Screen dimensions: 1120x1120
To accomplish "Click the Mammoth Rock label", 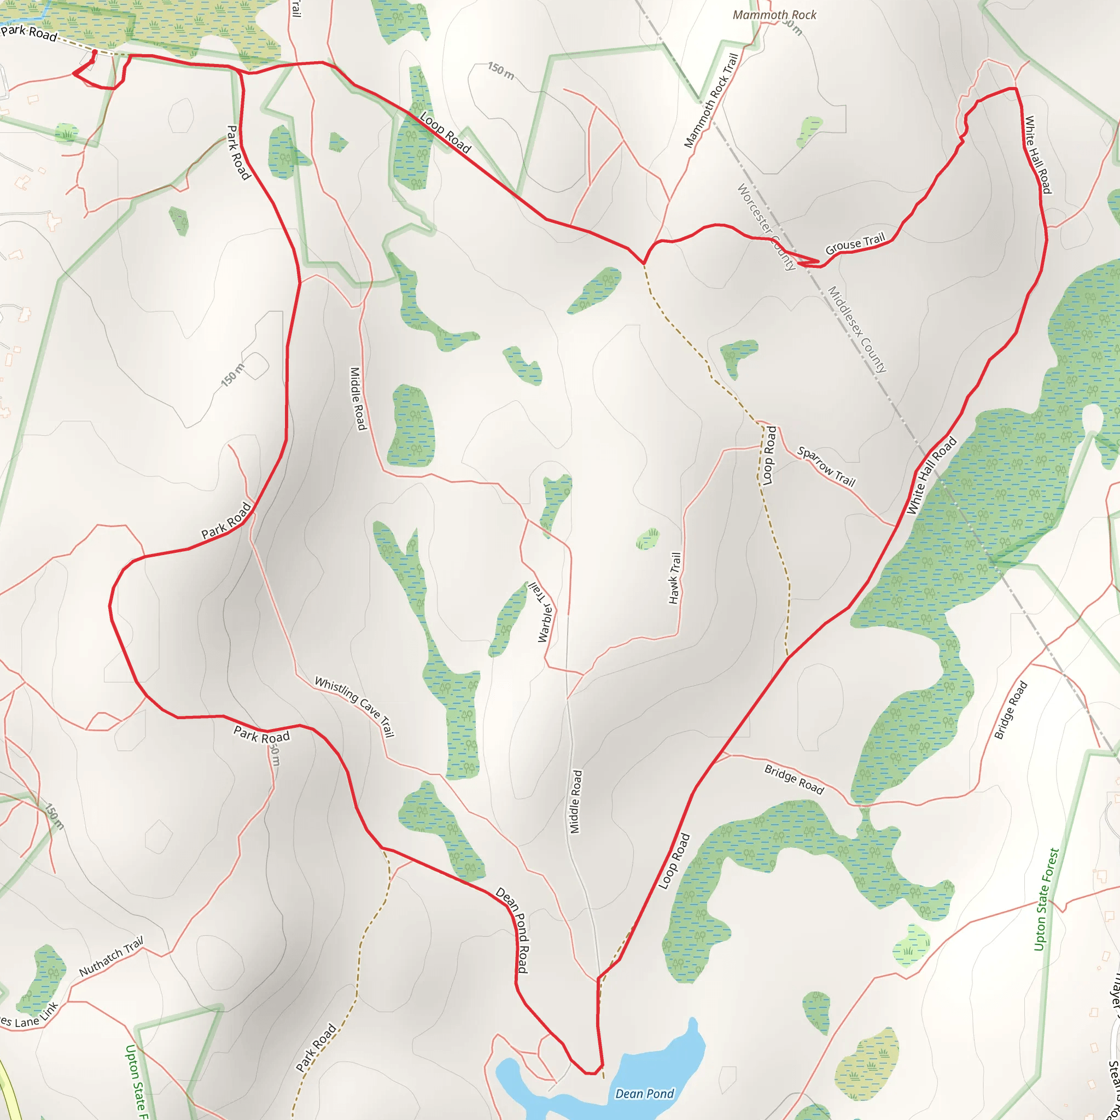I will pyautogui.click(x=774, y=15).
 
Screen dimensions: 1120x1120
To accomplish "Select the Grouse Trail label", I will pyautogui.click(x=855, y=243).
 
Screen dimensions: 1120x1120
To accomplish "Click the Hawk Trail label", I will pyautogui.click(x=674, y=578).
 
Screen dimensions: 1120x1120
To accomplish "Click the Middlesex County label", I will pyautogui.click(x=856, y=329).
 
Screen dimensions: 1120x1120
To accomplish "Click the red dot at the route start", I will pyautogui.click(x=95, y=52).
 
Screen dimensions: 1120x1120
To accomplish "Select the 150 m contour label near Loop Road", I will pyautogui.click(x=500, y=71).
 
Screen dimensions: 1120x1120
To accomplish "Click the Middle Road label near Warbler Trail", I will pyautogui.click(x=576, y=801).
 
